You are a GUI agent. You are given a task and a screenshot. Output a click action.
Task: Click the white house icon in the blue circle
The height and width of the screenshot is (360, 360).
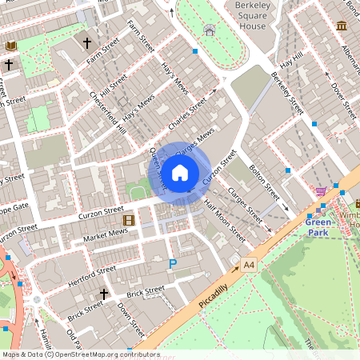[180, 172]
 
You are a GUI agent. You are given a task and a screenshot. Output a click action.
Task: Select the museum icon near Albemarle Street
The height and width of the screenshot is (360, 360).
[342, 26]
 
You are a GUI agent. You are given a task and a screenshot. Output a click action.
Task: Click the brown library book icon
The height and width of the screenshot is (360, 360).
[11, 46]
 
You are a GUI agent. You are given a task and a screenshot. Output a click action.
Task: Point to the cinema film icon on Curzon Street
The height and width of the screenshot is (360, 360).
[127, 219]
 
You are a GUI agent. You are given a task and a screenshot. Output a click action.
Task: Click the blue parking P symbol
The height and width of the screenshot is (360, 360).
[172, 263]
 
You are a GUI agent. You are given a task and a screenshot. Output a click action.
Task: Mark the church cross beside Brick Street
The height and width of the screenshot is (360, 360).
[103, 295]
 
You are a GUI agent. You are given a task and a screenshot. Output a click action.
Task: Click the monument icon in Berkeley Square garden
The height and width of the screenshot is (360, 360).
[210, 30]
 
